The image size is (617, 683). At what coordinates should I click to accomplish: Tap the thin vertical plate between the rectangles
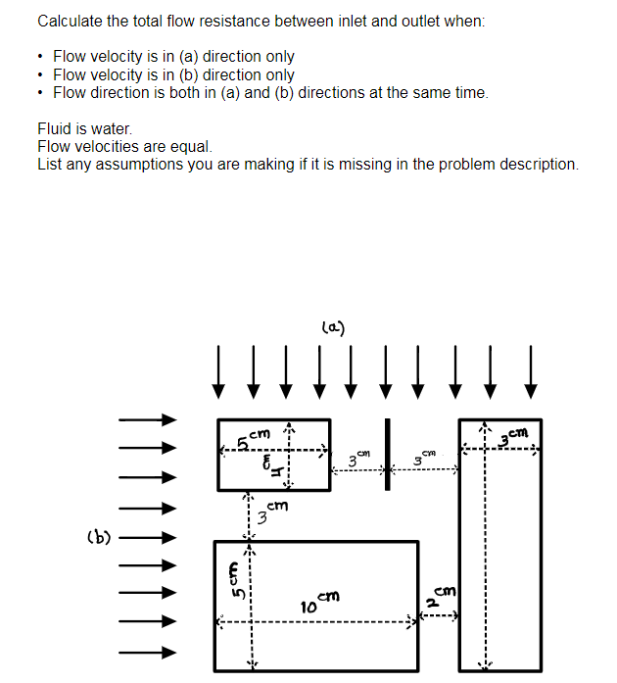387,453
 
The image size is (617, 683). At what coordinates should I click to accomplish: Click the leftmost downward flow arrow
220,371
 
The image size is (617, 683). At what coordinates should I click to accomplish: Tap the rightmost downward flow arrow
531,371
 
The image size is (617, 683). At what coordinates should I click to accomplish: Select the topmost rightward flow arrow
147,419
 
